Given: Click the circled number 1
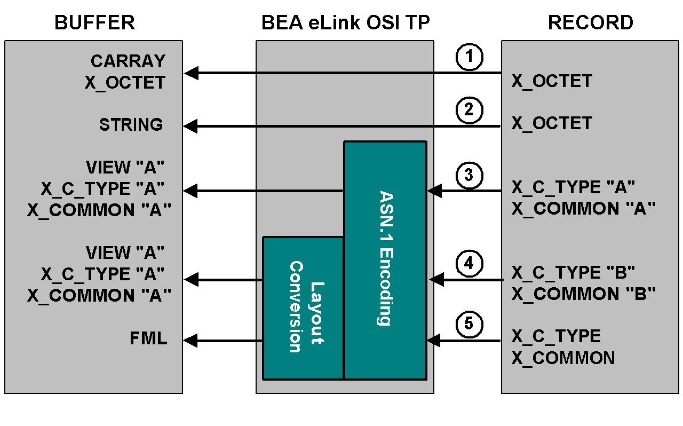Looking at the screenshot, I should pyautogui.click(x=470, y=57).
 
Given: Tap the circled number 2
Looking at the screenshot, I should pyautogui.click(x=470, y=111).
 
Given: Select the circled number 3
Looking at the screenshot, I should pyautogui.click(x=470, y=175).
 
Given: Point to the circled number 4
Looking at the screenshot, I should pyautogui.click(x=470, y=263).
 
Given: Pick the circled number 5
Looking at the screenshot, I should pyautogui.click(x=470, y=325).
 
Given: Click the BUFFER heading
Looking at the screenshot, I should pyautogui.click(x=94, y=22).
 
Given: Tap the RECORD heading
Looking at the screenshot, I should pyautogui.click(x=591, y=22).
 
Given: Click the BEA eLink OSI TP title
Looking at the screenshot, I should pyautogui.click(x=345, y=22).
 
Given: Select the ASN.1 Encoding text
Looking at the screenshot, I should pyautogui.click(x=385, y=258).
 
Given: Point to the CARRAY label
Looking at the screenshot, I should pyautogui.click(x=128, y=61).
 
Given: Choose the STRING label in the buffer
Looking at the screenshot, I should pyautogui.click(x=131, y=124).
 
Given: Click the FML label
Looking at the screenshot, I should pyautogui.click(x=148, y=338).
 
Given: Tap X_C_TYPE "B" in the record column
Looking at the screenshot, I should pyautogui.click(x=573, y=273).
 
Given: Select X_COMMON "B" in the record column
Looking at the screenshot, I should pyautogui.click(x=583, y=294).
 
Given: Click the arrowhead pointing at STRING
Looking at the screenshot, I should pyautogui.click(x=190, y=127).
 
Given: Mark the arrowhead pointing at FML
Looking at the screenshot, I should pyautogui.click(x=190, y=341).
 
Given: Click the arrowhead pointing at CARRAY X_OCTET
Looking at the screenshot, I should pyautogui.click(x=191, y=73).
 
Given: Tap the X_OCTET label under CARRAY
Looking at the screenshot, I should pyautogui.click(x=125, y=83).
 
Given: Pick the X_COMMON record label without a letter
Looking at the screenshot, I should pyautogui.click(x=563, y=358).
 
